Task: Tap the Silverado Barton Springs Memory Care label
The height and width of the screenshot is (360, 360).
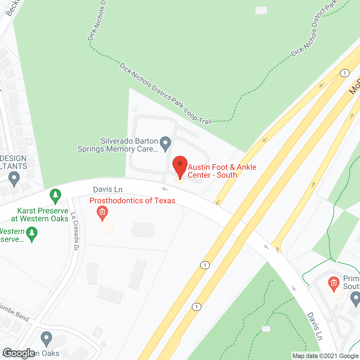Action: pyautogui.click(x=118, y=145)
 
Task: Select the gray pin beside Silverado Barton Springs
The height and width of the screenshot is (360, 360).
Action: pyautogui.click(x=165, y=144)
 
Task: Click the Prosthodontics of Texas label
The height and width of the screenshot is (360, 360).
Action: pyautogui.click(x=132, y=201)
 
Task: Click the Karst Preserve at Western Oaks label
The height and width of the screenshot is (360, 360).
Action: pyautogui.click(x=40, y=215)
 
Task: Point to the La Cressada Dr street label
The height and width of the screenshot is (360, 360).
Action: pyautogui.click(x=75, y=231)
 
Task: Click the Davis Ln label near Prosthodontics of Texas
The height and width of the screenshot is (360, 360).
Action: pyautogui.click(x=108, y=190)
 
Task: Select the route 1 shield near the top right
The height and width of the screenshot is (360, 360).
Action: pyautogui.click(x=345, y=73)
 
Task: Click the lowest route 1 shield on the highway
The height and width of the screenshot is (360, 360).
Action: pyautogui.click(x=196, y=307)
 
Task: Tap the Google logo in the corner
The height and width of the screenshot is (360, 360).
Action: pyautogui.click(x=19, y=353)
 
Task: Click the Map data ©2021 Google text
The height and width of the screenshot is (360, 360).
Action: pyautogui.click(x=326, y=356)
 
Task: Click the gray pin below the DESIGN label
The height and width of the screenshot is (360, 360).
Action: pyautogui.click(x=14, y=179)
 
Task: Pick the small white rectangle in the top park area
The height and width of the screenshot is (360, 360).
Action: pyautogui.click(x=261, y=10)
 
